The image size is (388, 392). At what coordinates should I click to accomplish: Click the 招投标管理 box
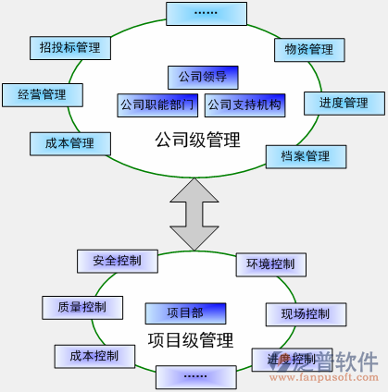[69, 46]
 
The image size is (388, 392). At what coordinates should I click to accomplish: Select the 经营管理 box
[42, 94]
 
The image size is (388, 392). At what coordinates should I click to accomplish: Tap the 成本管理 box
[70, 143]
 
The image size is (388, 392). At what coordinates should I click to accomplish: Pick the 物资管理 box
[308, 49]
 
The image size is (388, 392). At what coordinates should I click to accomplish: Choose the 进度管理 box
[344, 103]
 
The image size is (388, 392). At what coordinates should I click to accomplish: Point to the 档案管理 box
[305, 155]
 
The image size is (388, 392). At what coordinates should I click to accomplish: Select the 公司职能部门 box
[157, 104]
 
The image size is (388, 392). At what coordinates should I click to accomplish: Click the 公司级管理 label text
[197, 141]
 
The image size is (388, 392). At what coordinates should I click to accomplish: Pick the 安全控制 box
[118, 261]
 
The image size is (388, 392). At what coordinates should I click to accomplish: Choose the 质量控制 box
[81, 307]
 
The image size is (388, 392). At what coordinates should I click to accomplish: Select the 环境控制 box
[269, 265]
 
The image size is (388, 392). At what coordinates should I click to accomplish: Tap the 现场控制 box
[305, 314]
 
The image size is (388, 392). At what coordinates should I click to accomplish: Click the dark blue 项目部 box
[185, 312]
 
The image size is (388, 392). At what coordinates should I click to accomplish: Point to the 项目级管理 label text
[191, 339]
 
